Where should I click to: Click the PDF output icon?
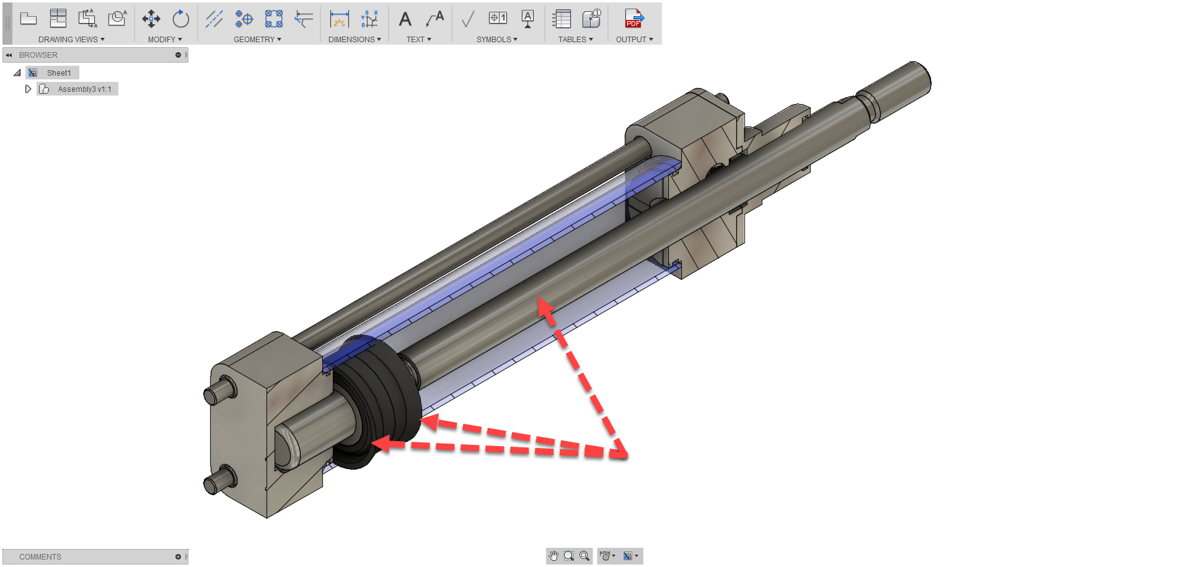coord(633,19)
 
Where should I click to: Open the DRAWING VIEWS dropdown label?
coord(71,39)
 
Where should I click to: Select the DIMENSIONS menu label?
coord(354,39)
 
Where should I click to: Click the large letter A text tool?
coord(405,19)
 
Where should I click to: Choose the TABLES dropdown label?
coord(575,39)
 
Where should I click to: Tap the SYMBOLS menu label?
coord(496,39)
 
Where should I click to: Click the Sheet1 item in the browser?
coord(59,73)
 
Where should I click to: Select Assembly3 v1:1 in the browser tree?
coord(84,89)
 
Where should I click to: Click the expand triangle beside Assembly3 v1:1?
coord(28,89)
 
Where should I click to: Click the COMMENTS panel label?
coord(40,556)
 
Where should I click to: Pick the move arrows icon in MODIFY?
coord(151,19)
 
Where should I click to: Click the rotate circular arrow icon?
coord(180,19)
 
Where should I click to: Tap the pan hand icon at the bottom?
coord(553,556)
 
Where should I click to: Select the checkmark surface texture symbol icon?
coord(468,19)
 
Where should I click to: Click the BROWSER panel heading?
coord(38,55)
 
